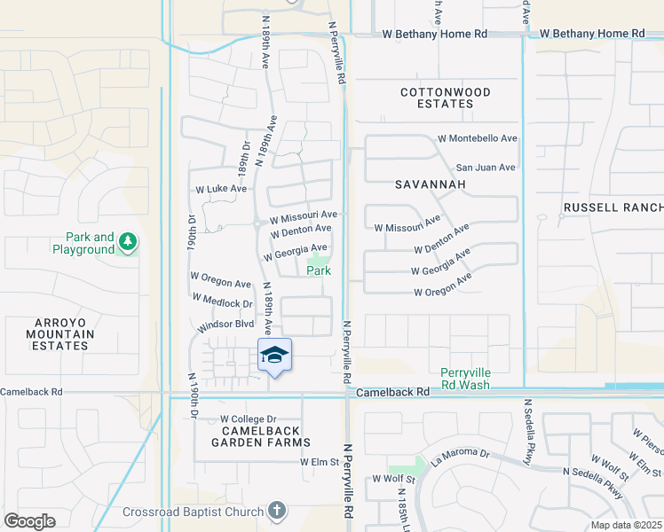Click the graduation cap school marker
click(x=274, y=356)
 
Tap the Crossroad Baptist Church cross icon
click(x=277, y=511)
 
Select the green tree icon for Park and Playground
click(x=128, y=242)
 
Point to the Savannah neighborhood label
click(x=431, y=184)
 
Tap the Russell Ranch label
click(x=613, y=207)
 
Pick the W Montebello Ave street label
click(x=478, y=139)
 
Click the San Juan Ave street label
click(x=485, y=168)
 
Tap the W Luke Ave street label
click(x=221, y=189)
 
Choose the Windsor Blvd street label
click(x=225, y=325)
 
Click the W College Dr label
click(x=249, y=419)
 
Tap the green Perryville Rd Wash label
click(x=465, y=379)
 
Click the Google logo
click(x=29, y=520)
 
